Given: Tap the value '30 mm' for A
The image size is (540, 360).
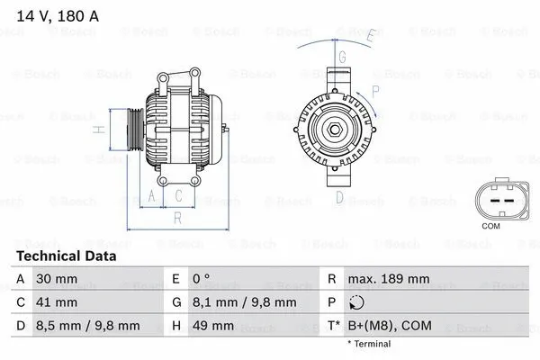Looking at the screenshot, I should coord(52,280).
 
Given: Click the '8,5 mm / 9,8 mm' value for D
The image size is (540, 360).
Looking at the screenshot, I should coord(87,325).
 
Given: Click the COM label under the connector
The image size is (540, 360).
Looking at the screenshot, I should coord(490,225).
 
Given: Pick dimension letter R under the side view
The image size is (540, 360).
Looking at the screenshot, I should coord(177,217).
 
